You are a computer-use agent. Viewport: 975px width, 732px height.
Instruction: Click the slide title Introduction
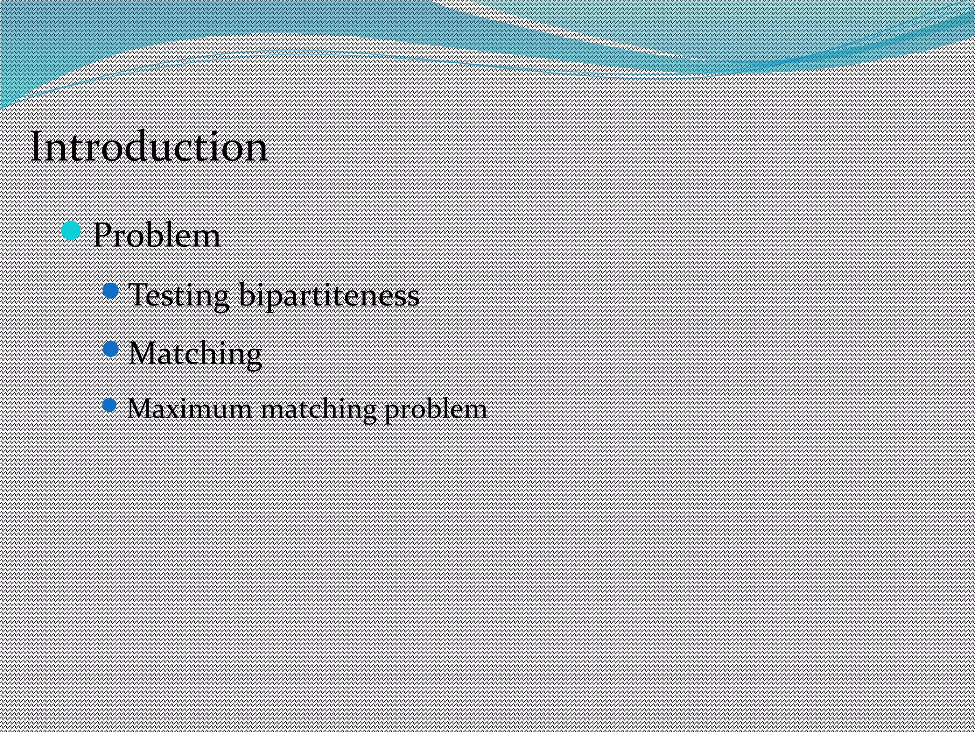pos(149,147)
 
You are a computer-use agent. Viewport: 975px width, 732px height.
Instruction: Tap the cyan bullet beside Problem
pos(71,231)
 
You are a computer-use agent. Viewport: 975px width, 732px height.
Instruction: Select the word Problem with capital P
pos(157,235)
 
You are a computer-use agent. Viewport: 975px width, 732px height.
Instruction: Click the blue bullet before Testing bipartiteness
pos(110,291)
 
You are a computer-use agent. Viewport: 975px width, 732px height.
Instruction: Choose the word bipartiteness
pos(329,295)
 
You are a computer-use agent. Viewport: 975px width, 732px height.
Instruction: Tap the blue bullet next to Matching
pos(110,349)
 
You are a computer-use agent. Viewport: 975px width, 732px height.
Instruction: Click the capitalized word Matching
pos(195,354)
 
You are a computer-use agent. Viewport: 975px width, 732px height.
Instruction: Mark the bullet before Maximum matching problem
pos(109,405)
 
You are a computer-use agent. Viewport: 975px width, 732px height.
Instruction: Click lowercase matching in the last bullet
pos(318,410)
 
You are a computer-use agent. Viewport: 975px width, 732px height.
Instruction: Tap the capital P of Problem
pos(102,235)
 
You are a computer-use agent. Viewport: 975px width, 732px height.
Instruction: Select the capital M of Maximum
pos(139,409)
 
